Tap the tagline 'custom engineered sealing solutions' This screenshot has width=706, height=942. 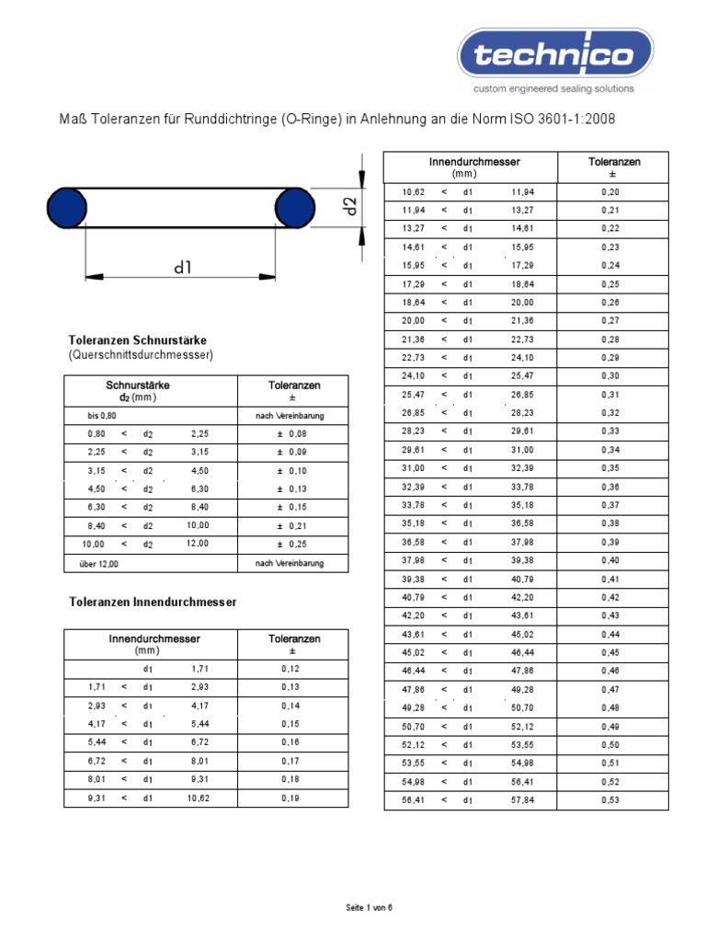[x=553, y=89]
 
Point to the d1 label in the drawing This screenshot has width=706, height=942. [x=182, y=268]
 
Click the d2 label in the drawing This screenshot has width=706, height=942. [x=349, y=205]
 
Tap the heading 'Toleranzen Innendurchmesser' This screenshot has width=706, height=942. [x=153, y=602]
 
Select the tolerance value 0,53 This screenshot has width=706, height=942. [x=610, y=799]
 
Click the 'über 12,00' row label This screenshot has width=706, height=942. [x=103, y=563]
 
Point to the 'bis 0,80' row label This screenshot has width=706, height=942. [x=102, y=416]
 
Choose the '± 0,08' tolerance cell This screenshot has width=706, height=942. [x=293, y=433]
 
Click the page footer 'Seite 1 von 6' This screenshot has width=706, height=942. [x=369, y=908]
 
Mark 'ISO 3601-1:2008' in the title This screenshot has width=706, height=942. [x=561, y=120]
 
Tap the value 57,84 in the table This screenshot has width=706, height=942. [x=521, y=799]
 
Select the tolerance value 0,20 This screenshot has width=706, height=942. [x=610, y=191]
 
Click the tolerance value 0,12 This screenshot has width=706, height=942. [x=290, y=669]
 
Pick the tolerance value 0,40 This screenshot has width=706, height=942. [x=610, y=560]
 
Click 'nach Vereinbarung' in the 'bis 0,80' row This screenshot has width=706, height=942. [x=290, y=416]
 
